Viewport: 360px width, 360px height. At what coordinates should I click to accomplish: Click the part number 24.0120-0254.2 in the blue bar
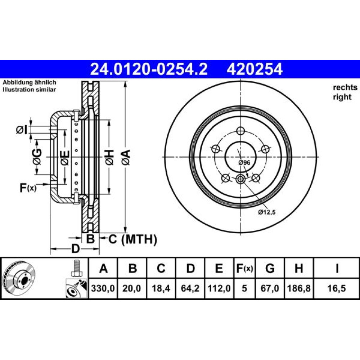[x=149, y=69]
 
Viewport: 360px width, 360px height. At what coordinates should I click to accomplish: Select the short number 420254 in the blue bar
[x=255, y=69]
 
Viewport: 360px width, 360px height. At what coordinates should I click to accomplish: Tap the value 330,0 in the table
[x=103, y=288]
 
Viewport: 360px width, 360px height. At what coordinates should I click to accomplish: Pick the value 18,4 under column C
[x=161, y=288]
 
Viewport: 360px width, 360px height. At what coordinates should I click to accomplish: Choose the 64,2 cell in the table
[x=190, y=288]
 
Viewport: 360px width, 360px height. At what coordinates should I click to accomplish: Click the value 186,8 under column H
[x=299, y=288]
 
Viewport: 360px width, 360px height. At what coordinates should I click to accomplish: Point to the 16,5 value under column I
[x=337, y=288]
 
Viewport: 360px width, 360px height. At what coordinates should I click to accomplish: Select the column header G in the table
[x=270, y=268]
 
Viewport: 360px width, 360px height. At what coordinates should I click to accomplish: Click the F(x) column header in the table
[x=244, y=268]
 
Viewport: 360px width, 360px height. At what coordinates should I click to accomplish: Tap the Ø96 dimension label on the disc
[x=244, y=163]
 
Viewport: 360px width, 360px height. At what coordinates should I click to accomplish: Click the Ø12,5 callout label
[x=266, y=212]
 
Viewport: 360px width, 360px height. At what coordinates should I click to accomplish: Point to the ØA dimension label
[x=126, y=157]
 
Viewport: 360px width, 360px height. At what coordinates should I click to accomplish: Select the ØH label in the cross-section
[x=109, y=157]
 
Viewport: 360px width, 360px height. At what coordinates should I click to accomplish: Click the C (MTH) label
[x=133, y=239]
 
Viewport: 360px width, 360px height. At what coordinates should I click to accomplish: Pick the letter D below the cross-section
[x=75, y=249]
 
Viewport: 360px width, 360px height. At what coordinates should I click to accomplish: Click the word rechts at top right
[x=345, y=87]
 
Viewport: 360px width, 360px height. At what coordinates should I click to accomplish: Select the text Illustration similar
[x=29, y=90]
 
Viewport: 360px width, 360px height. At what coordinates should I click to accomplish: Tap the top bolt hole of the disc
[x=240, y=131]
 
